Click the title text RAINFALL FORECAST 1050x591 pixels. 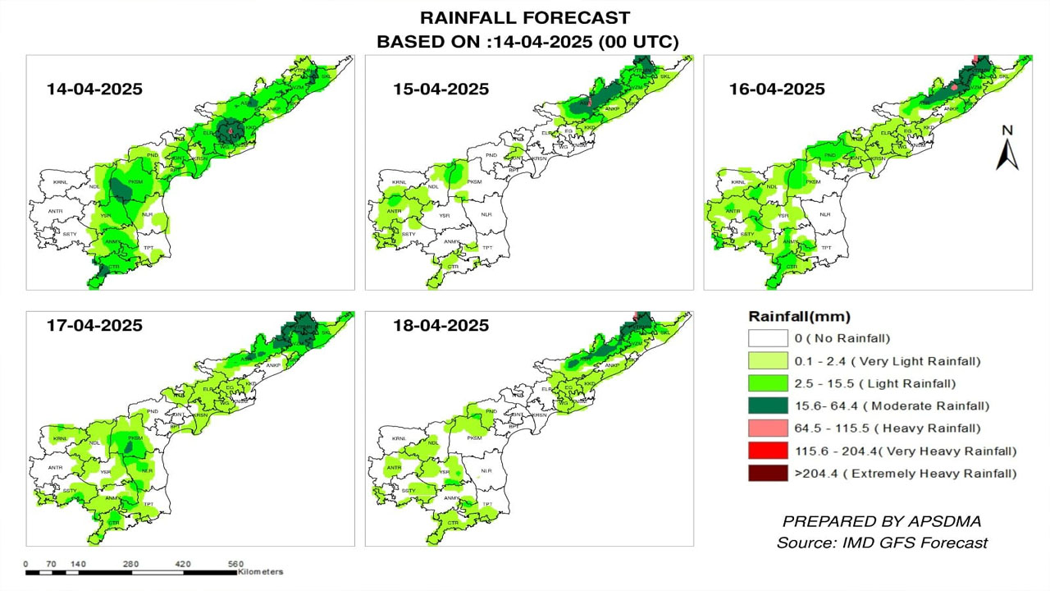tap(525, 18)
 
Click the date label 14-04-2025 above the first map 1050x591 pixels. tap(94, 89)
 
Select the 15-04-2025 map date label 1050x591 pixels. tap(441, 89)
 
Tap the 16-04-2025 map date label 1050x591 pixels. tap(777, 89)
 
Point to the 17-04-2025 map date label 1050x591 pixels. tap(94, 325)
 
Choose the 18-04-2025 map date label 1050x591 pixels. tap(441, 325)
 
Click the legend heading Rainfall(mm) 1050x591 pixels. tap(799, 317)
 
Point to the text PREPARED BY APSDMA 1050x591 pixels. tap(882, 521)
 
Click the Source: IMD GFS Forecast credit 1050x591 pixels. tap(882, 543)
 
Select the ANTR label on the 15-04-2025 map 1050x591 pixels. tap(394, 211)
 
